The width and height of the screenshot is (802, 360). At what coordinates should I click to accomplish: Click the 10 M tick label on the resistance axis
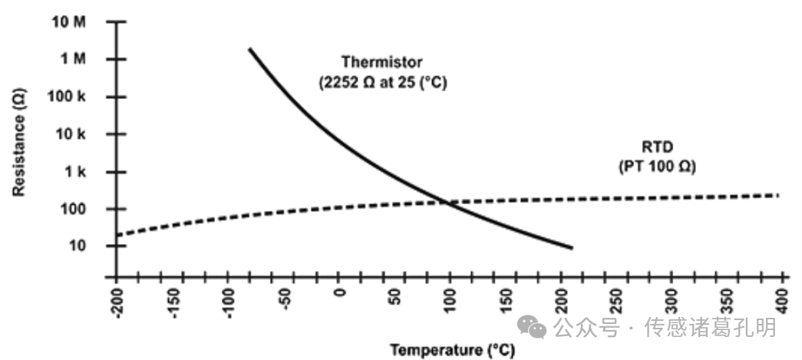(70, 21)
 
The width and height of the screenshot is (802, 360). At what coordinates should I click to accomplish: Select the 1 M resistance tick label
(74, 59)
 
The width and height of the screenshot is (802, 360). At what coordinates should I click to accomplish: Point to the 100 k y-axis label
(70, 97)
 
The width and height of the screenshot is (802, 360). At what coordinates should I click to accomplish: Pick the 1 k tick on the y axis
(76, 172)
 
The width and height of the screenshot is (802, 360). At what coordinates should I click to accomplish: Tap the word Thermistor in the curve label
(382, 61)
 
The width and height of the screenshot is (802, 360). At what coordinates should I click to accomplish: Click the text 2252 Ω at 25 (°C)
(382, 81)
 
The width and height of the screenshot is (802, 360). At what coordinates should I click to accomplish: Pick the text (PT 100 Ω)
(657, 165)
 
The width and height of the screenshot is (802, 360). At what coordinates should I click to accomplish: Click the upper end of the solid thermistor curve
(249, 49)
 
